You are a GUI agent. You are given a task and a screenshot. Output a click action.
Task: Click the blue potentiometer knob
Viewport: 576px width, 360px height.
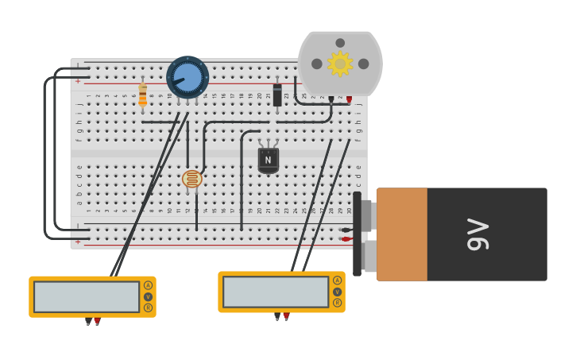187,77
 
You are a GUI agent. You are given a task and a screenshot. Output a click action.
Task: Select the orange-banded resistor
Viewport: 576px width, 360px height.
143,95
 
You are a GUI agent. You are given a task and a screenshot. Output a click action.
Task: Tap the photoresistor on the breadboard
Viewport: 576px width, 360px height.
192,179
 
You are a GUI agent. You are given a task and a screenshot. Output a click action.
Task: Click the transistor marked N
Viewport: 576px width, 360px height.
268,160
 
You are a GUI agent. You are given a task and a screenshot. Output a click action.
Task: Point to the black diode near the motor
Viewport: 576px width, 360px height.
277,95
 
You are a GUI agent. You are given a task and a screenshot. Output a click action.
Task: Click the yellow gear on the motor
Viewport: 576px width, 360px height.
340,64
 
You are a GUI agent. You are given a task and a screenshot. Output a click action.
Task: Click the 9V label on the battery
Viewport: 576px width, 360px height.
478,234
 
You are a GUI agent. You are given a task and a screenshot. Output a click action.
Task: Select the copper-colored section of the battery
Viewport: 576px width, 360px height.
402,234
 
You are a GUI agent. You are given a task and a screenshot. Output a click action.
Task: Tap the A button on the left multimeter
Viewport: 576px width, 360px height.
148,285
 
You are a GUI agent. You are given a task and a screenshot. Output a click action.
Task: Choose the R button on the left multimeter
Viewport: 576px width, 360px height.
148,308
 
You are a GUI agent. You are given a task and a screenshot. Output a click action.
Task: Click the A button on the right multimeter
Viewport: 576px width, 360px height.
337,281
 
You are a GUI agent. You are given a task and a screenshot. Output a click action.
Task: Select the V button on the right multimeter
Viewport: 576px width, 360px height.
337,292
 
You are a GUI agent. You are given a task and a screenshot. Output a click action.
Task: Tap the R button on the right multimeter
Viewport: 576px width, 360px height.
337,303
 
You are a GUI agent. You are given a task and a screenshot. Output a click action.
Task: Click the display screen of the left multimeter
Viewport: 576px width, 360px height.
87,296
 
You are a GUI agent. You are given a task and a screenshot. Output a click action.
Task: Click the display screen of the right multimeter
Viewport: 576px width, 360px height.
276,292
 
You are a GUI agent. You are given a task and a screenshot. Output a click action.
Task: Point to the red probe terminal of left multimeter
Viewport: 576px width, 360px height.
97,321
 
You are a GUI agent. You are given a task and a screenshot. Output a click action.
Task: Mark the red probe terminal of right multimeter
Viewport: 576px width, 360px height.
286,316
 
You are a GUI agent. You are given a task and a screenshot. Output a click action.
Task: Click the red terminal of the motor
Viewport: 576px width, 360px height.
349,99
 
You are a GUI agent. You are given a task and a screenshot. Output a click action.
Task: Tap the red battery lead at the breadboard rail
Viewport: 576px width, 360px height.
346,238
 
